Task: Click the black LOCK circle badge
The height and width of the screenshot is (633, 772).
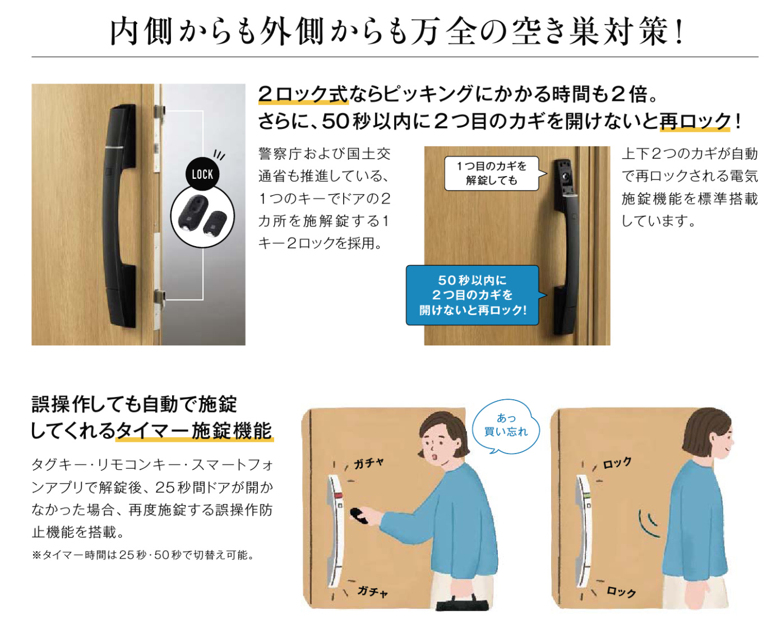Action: [x=202, y=174]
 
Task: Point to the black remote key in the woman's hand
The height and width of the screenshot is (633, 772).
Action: [x=359, y=515]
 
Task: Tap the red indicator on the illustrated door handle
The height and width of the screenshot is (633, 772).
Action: [x=338, y=496]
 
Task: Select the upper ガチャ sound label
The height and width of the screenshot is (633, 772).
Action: [x=368, y=464]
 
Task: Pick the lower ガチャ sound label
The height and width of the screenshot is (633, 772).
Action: [x=372, y=590]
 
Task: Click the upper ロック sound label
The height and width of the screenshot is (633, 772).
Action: [x=617, y=463]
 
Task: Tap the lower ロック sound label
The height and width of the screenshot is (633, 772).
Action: [x=621, y=591]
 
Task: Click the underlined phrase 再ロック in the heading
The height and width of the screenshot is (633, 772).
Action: [x=695, y=121]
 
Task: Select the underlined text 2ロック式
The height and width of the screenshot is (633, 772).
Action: [x=303, y=94]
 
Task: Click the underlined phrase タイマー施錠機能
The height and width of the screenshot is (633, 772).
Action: [x=195, y=431]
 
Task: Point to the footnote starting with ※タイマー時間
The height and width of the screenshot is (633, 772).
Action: [x=143, y=555]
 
